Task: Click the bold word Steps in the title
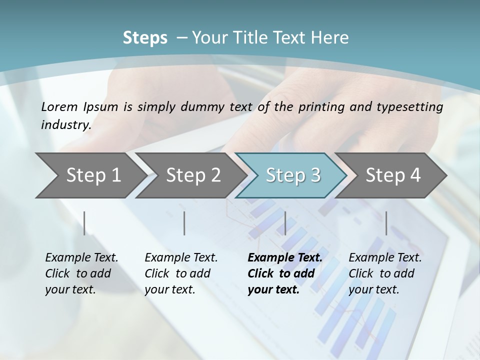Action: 145,38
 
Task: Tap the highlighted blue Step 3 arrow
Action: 293,175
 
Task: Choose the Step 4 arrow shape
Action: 393,175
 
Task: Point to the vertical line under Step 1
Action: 84,223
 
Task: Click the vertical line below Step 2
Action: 184,223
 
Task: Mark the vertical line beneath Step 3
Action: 285,223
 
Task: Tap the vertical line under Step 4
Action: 386,223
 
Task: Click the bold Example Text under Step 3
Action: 285,258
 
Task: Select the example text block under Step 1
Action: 81,273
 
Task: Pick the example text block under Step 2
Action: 181,273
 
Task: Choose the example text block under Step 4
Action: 385,273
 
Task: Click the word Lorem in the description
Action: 59,106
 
